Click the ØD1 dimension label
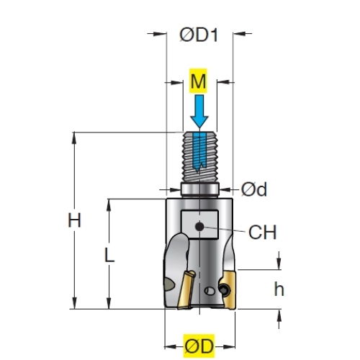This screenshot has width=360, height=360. click(199, 35)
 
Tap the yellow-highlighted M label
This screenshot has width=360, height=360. click(198, 81)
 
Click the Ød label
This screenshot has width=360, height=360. click(254, 189)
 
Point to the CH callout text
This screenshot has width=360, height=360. click(263, 232)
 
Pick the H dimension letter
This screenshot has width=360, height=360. click(74, 220)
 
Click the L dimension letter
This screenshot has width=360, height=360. click(109, 255)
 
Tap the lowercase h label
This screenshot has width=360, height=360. click(279, 289)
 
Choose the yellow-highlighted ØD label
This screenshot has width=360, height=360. click(199, 346)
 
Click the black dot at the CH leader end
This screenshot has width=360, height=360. click(199, 226)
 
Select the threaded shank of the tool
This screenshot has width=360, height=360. click(200, 157)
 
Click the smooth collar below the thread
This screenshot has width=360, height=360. click(200, 189)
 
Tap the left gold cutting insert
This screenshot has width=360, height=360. click(186, 290)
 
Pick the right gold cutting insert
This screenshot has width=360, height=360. click(229, 289)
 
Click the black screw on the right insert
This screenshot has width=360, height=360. click(225, 290)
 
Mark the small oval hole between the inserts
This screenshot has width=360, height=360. click(210, 291)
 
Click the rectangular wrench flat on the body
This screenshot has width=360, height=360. click(199, 225)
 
